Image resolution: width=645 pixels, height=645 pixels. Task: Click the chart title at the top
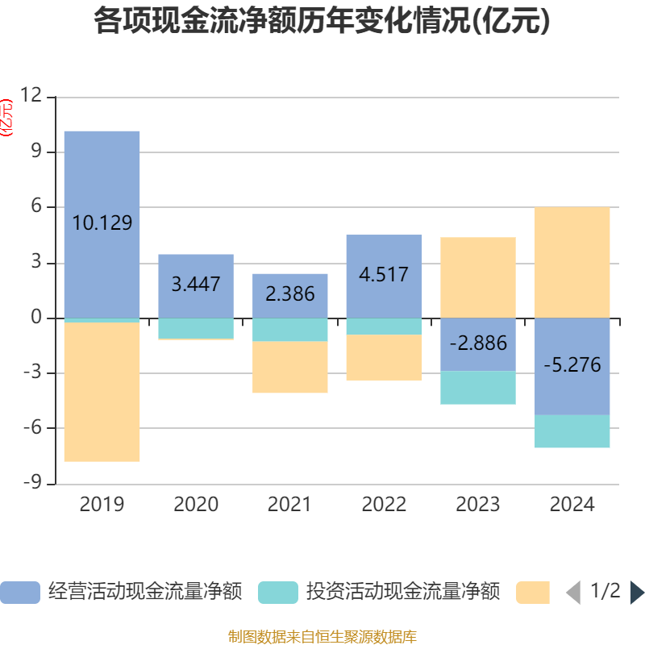tap(322, 22)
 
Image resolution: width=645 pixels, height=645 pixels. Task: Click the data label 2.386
tap(290, 294)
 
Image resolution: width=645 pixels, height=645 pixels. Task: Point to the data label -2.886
tap(478, 343)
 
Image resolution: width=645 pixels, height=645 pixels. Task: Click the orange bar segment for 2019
tap(102, 392)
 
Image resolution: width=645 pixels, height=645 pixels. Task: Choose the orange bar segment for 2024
tap(572, 262)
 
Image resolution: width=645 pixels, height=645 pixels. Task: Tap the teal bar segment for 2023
tap(478, 388)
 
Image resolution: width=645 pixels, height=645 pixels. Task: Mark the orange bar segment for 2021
tap(290, 368)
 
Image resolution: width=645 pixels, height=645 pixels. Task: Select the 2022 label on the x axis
tap(384, 505)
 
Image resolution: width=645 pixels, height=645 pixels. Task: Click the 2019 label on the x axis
tap(102, 505)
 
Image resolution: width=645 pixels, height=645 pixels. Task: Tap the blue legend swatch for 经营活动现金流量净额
tap(19, 593)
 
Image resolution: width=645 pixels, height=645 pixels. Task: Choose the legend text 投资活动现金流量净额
tap(402, 592)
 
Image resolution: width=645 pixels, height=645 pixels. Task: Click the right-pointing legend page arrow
tap(637, 593)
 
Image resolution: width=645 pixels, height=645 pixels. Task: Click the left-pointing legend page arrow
tap(573, 593)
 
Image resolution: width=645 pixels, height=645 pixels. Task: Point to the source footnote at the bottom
tap(322, 636)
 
